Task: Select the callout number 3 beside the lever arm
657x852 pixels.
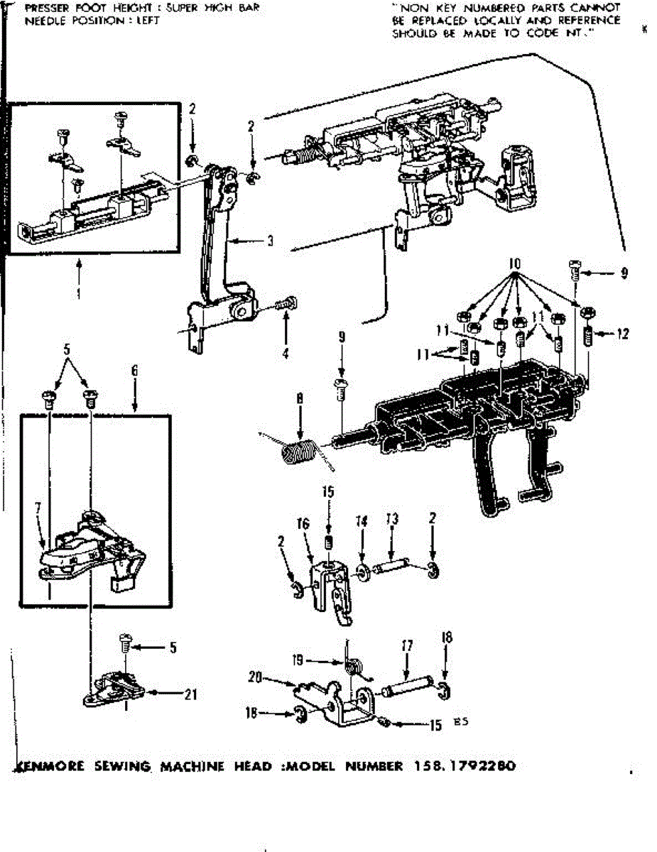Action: point(271,241)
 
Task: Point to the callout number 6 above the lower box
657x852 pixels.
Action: point(134,370)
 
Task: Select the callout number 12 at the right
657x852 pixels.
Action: point(623,334)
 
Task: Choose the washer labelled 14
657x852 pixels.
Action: point(362,570)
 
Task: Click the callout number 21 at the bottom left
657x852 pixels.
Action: point(190,695)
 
